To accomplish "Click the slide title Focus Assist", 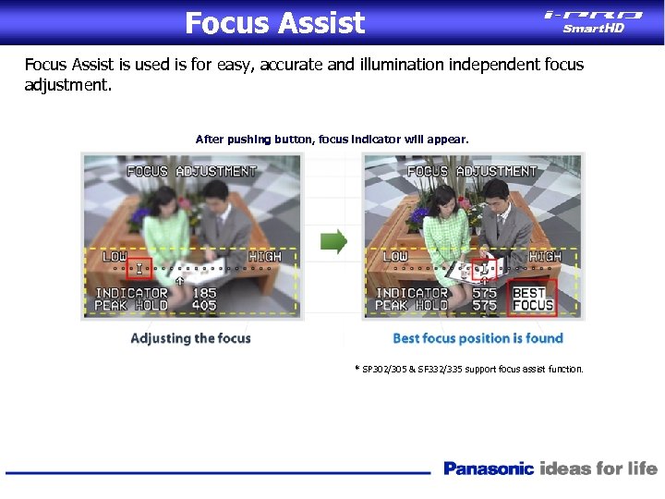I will click(x=274, y=22).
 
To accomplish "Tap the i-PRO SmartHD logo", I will click(x=593, y=20).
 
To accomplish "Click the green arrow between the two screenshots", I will click(x=333, y=242).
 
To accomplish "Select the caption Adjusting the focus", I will click(x=190, y=338).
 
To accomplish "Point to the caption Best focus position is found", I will click(x=478, y=338).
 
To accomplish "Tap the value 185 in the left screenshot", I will click(x=204, y=293).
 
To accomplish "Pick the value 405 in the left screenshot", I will click(x=204, y=306).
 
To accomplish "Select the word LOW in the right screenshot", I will click(x=394, y=256).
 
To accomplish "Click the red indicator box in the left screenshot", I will click(x=139, y=269).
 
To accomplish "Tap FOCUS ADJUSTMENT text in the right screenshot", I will click(x=472, y=171).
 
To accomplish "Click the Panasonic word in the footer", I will click(x=489, y=469).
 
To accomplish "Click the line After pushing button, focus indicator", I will click(x=332, y=140).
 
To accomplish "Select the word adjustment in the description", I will click(x=67, y=85).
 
